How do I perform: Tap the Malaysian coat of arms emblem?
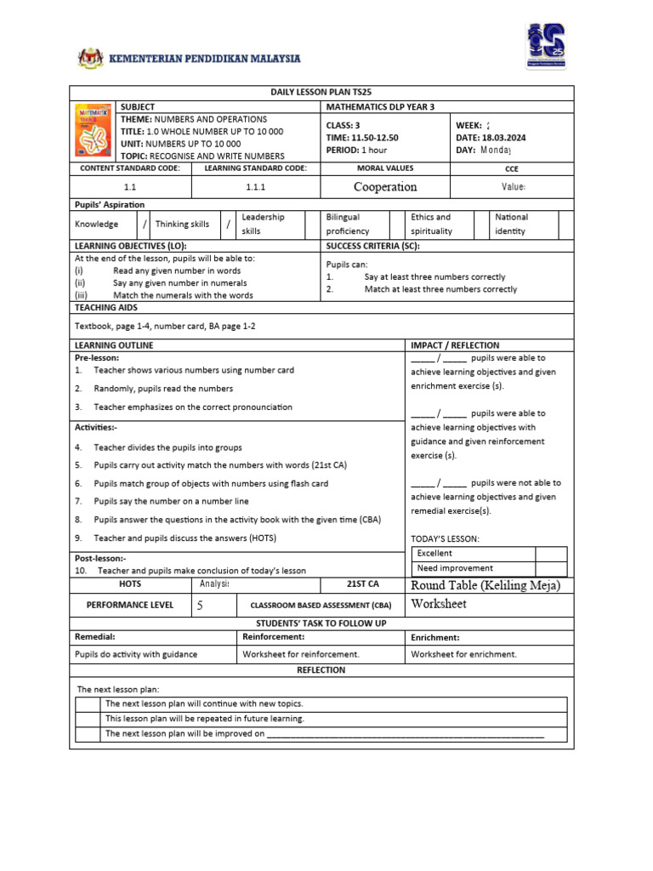[90, 59]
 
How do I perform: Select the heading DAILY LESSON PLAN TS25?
[321, 92]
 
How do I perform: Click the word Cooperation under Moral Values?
[385, 187]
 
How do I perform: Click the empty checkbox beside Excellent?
[551, 553]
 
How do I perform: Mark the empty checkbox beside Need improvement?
[551, 568]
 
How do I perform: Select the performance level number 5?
[200, 606]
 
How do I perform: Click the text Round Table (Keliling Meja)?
[485, 585]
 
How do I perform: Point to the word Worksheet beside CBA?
[439, 604]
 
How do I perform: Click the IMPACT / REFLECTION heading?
[455, 345]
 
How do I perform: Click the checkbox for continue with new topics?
[88, 703]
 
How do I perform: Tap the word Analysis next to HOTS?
[214, 584]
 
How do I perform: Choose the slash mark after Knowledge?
[145, 224]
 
